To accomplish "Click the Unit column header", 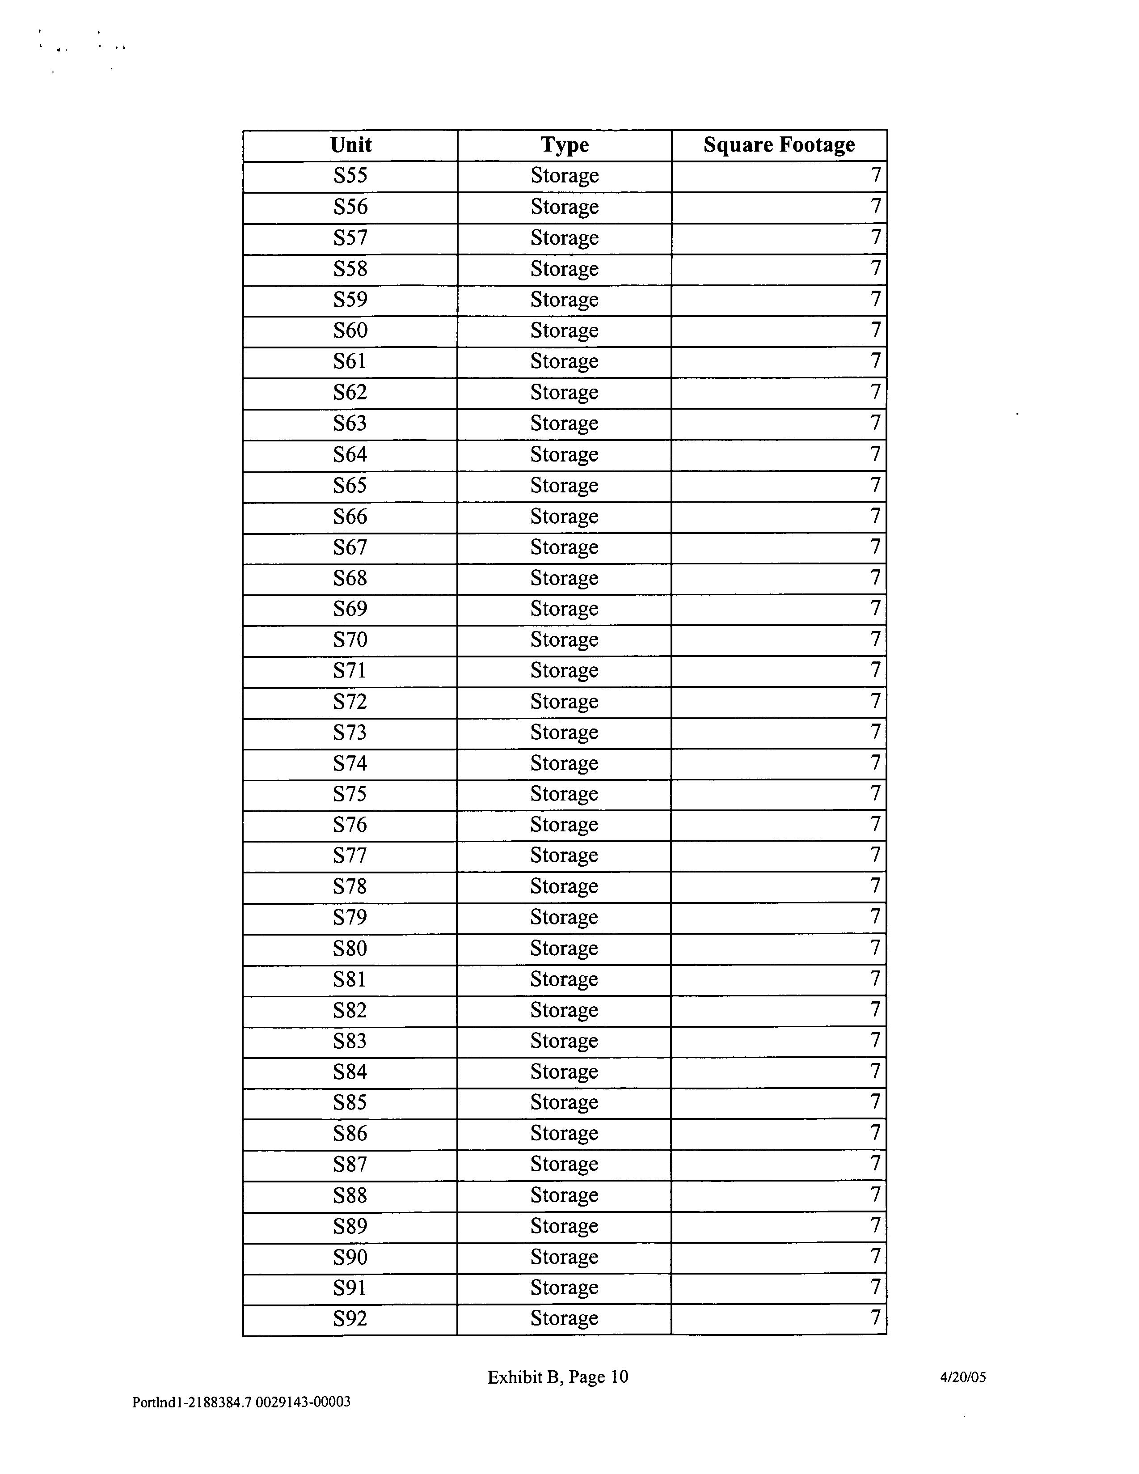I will coord(350,145).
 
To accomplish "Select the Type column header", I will coord(564,145).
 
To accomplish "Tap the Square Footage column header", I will coord(779,145).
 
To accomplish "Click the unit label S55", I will coord(350,176).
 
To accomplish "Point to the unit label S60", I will coord(350,330).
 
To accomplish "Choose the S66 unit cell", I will coord(350,517).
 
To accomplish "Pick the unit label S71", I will coord(350,671).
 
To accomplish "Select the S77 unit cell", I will coord(350,856).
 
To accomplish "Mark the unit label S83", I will coord(350,1042).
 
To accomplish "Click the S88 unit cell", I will coord(350,1196).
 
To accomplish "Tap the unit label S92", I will coord(350,1319).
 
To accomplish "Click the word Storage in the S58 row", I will coord(564,269).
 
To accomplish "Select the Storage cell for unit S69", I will coord(564,610).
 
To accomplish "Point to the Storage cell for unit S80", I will coord(564,949).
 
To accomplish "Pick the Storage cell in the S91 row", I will coord(564,1288).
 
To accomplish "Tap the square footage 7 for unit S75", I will coord(875,794).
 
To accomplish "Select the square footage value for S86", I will coord(875,1134).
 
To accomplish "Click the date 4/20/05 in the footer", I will coord(963,1377).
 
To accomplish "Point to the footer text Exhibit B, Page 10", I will coord(558,1377).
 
